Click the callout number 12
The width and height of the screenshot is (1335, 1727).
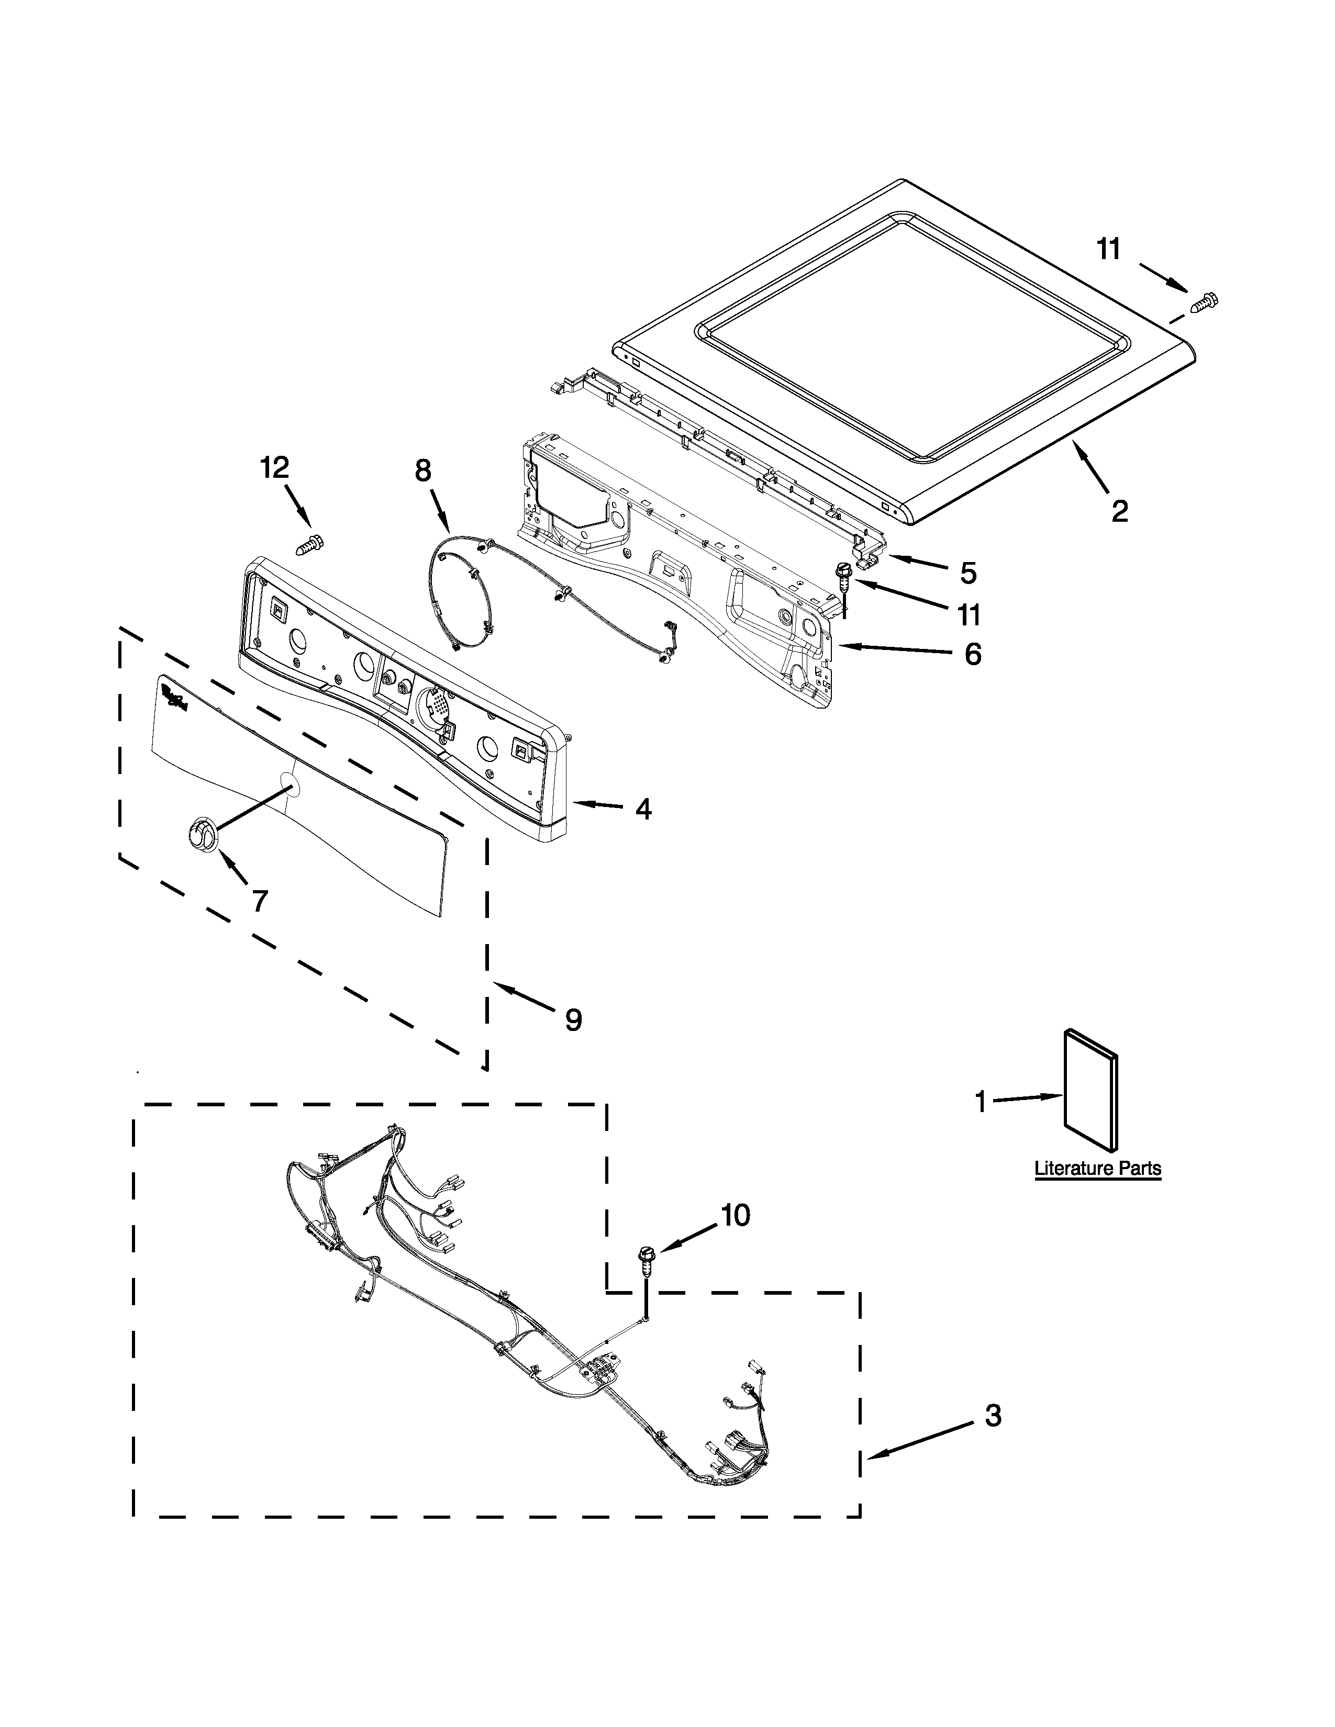274,468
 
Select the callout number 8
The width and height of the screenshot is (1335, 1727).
423,472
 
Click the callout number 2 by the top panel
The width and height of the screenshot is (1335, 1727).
1119,512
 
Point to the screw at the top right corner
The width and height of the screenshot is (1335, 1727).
1205,301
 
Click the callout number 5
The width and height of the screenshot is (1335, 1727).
968,573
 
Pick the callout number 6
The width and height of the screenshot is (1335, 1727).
973,654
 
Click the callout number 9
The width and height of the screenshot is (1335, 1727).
573,1020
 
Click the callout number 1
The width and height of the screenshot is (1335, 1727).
981,1102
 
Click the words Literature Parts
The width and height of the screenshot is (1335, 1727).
1098,1169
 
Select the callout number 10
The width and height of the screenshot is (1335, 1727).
736,1215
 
